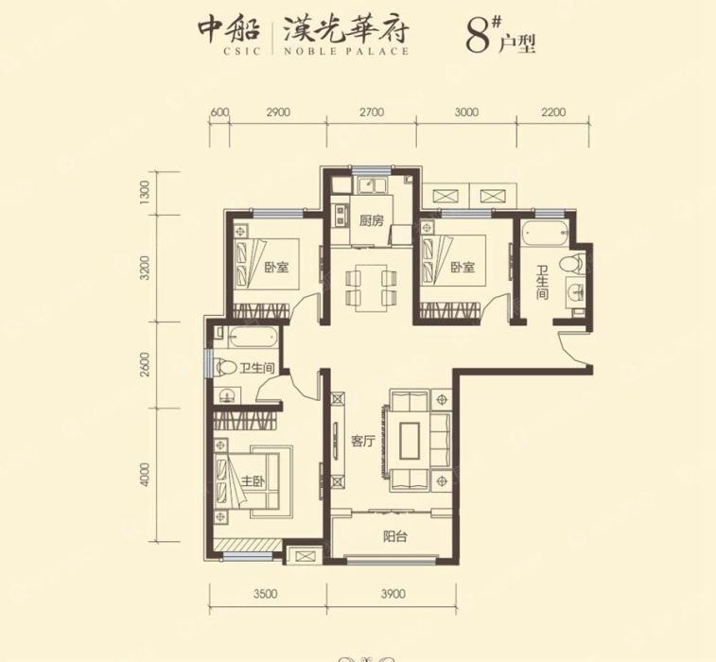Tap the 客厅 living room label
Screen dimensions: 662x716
pos(364,440)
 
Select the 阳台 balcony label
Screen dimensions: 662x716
pos(395,536)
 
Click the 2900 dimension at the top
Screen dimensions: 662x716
pos(277,112)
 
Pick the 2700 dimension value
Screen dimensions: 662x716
pos(371,112)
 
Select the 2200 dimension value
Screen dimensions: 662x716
pos(553,112)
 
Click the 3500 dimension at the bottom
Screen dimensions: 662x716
pos(267,594)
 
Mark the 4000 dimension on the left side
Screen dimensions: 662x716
pos(145,475)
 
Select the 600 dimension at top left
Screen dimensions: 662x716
pos(219,112)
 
